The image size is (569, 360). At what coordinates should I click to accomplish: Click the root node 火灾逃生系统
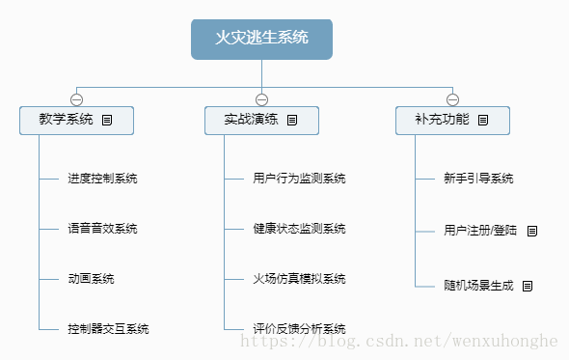tap(261, 39)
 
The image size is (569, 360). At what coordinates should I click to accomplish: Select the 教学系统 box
tap(76, 121)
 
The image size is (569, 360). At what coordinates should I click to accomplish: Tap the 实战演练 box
tap(261, 121)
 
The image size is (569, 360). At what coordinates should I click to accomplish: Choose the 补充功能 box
tap(452, 121)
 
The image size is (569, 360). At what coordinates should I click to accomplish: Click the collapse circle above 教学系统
tap(76, 99)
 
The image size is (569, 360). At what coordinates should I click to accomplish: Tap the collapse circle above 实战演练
tap(261, 99)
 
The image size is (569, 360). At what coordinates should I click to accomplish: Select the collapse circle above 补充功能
tap(452, 99)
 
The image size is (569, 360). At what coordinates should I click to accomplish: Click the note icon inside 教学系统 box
tap(107, 121)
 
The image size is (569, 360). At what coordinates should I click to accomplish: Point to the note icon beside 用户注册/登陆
tap(531, 232)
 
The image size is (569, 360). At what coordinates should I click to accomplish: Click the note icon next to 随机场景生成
tap(528, 286)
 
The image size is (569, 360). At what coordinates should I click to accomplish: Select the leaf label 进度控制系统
tap(102, 179)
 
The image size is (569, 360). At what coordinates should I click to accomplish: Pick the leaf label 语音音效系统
tap(102, 229)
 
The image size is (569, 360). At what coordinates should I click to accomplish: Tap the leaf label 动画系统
tap(91, 279)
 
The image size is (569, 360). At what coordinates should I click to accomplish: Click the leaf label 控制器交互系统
tap(108, 329)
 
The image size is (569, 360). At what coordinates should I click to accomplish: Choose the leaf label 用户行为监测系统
tap(299, 179)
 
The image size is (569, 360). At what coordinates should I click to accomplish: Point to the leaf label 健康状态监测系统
tap(299, 229)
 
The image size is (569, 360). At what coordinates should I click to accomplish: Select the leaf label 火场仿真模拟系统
tap(299, 279)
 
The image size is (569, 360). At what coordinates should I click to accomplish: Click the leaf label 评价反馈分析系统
tap(299, 329)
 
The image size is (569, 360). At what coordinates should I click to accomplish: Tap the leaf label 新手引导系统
tap(478, 179)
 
